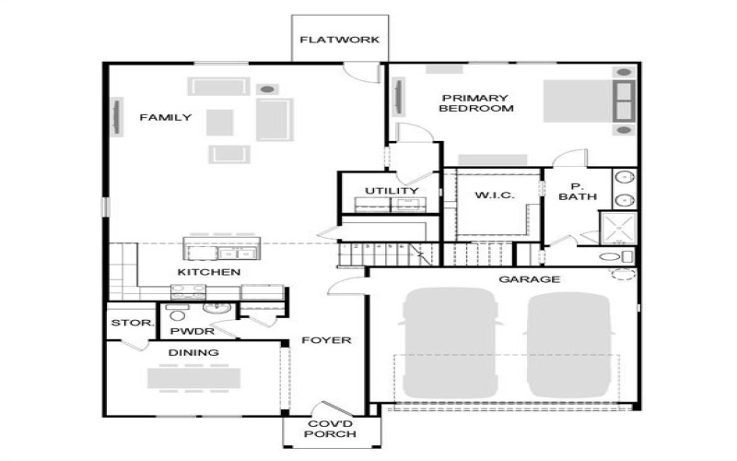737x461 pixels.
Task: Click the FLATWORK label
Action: (x=340, y=40)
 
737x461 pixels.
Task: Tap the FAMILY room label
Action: (x=166, y=117)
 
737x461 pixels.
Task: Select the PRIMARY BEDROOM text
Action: (x=475, y=103)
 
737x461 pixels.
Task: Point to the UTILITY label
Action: (x=392, y=191)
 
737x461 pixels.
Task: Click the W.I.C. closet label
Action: (x=494, y=195)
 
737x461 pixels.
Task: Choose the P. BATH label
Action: (x=578, y=191)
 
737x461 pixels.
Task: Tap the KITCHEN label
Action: (x=209, y=272)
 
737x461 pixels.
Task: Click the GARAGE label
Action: (x=530, y=278)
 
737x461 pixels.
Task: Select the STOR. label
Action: (x=125, y=324)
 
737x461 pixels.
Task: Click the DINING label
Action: (x=193, y=352)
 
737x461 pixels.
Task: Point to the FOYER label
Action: (x=326, y=340)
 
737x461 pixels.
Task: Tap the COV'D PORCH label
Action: (x=329, y=431)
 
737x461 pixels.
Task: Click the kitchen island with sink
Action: (x=222, y=250)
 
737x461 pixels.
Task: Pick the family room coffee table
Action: (x=220, y=122)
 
